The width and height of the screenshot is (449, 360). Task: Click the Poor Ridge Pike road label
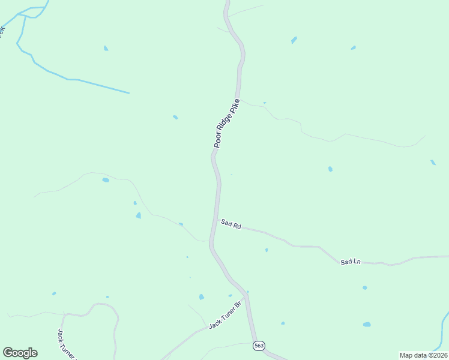(227, 123)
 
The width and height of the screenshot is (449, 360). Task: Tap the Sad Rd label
(231, 224)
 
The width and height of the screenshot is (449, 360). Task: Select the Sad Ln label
(351, 262)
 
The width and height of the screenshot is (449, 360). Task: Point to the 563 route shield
(259, 346)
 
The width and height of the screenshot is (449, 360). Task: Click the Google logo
(20, 352)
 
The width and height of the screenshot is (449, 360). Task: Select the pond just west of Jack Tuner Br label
(201, 297)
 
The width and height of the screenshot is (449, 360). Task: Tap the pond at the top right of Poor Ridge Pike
(294, 40)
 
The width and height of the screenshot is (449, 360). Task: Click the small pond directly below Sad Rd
(267, 250)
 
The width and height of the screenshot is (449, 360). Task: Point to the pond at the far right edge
(433, 162)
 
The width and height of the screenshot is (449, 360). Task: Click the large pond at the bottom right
(366, 325)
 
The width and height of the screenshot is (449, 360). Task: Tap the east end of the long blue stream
(128, 93)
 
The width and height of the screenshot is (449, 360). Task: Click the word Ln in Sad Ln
(357, 262)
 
